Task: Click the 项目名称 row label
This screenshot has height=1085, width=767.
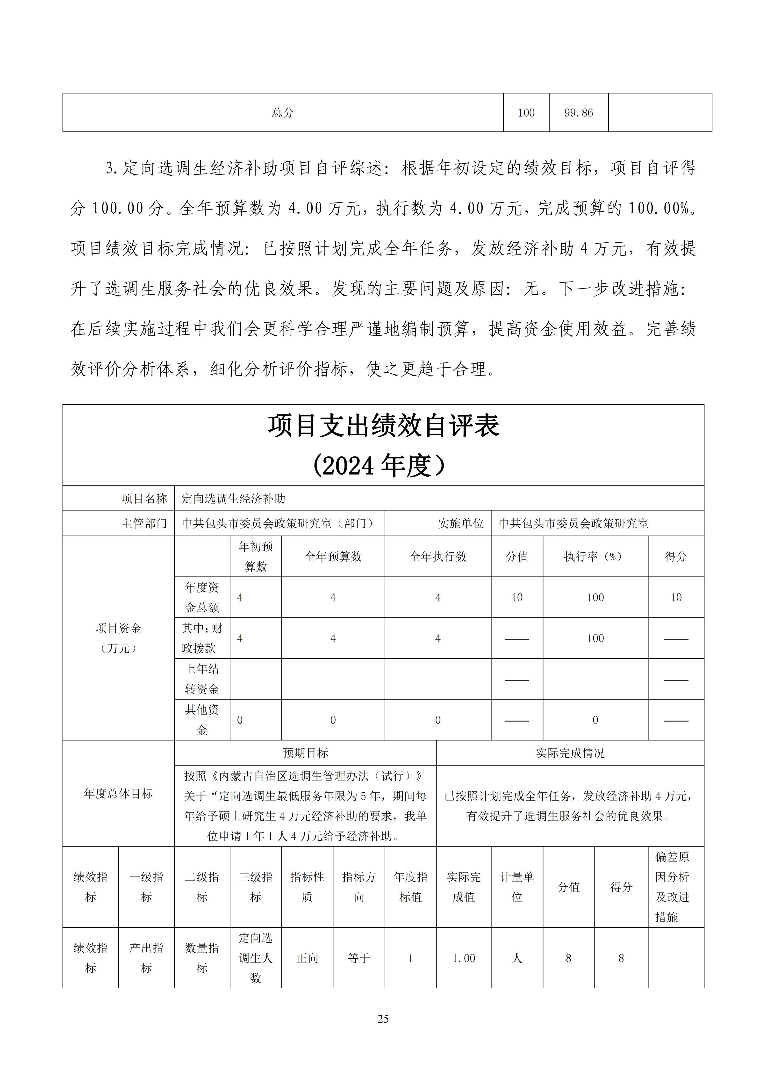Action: click(x=144, y=499)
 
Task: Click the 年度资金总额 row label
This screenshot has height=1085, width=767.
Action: click(x=202, y=597)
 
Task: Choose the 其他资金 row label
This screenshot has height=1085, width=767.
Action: click(x=202, y=720)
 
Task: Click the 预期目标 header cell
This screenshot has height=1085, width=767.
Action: click(x=305, y=753)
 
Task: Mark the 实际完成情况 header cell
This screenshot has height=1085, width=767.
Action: click(x=570, y=753)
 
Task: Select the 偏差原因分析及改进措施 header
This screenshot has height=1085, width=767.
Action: click(x=672, y=887)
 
